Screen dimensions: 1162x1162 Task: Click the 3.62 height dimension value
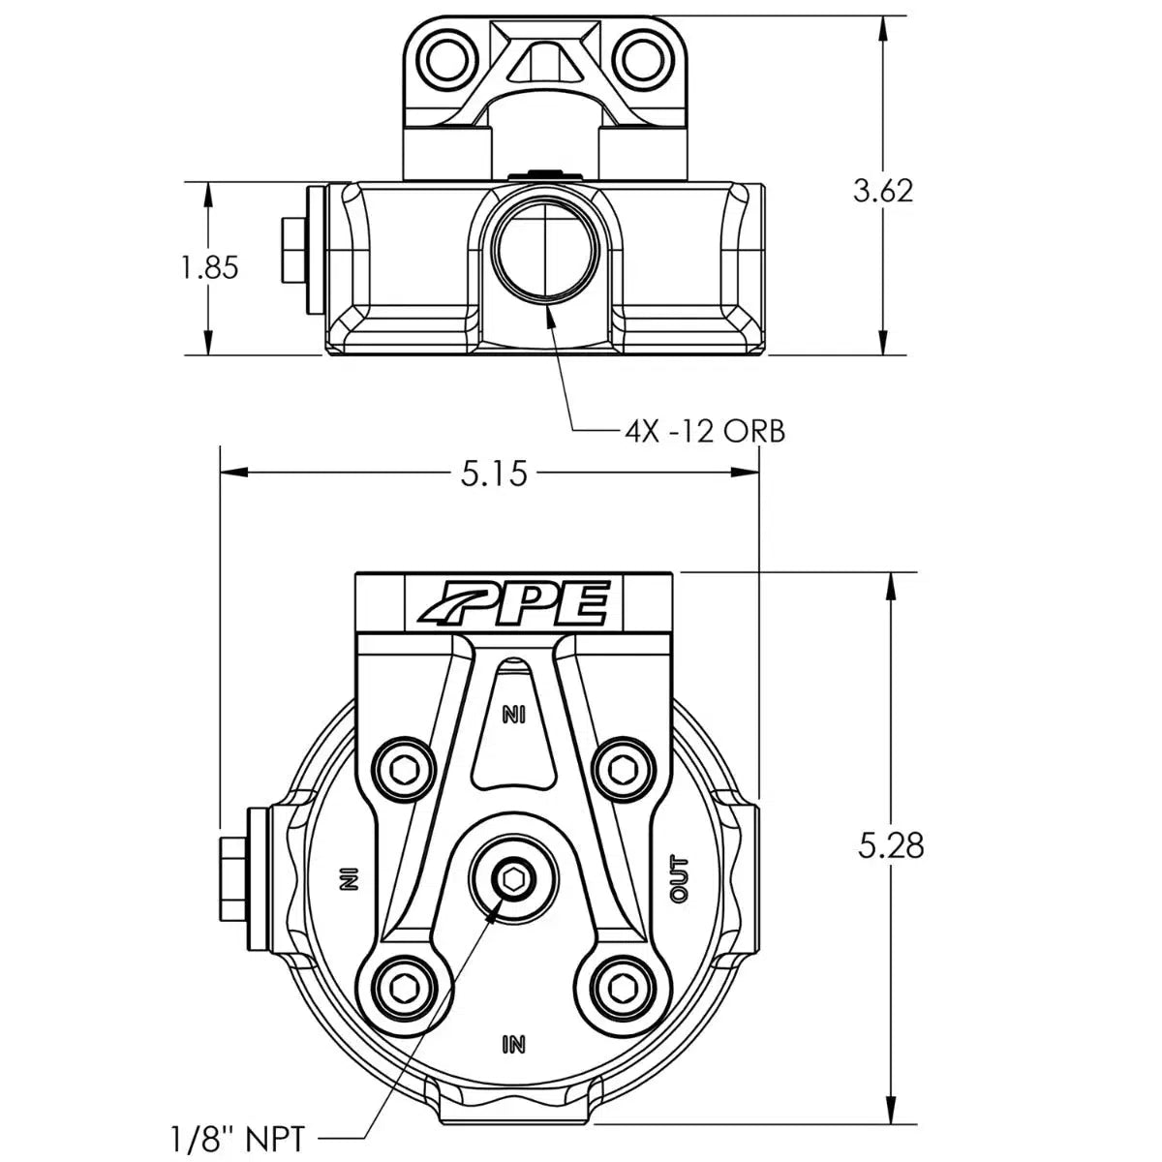[882, 190]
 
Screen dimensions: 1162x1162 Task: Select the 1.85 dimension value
[208, 267]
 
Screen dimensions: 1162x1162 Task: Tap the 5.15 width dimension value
[490, 474]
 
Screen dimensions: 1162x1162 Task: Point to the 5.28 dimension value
[891, 845]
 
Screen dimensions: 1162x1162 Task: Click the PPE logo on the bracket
[513, 604]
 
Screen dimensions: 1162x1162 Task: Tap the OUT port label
[680, 879]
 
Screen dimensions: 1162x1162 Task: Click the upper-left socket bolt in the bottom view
[408, 770]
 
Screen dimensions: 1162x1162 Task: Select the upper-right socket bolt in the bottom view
[620, 770]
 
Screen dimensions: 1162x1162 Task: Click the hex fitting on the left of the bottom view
[234, 878]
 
